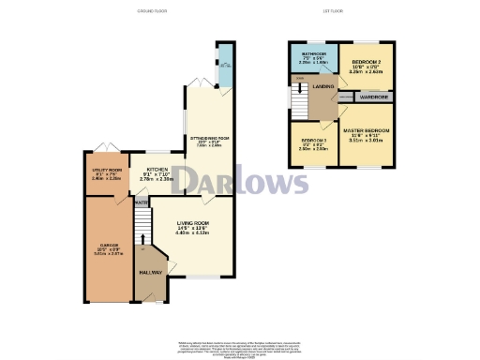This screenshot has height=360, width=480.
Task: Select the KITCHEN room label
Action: click(157, 170)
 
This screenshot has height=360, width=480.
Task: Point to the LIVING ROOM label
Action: click(193, 223)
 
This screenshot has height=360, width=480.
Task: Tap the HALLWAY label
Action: click(151, 271)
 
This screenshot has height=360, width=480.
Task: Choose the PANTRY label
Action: click(142, 202)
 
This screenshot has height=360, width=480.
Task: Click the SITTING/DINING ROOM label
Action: click(210, 138)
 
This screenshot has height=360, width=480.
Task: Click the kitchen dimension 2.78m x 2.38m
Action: click(157, 181)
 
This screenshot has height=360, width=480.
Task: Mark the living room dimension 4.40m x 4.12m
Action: click(193, 234)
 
